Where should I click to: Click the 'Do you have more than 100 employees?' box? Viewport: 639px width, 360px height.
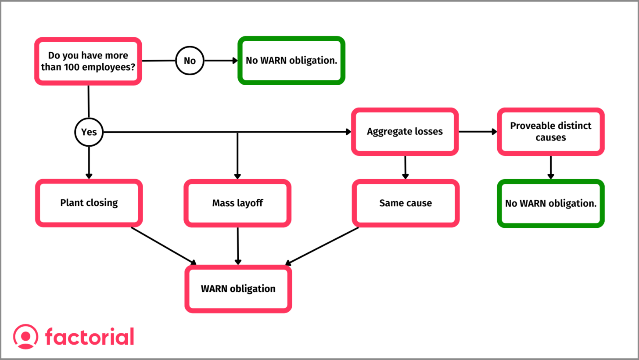click(88, 61)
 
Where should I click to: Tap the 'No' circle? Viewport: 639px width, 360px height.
click(190, 61)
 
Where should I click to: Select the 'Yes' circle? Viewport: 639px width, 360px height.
click(89, 132)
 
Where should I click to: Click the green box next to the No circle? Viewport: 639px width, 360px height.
click(291, 60)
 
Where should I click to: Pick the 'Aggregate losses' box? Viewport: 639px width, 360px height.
click(405, 131)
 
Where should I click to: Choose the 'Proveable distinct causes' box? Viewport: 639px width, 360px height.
click(550, 131)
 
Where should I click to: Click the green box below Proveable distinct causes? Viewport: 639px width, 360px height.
click(550, 203)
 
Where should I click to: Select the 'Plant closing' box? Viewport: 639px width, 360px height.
click(89, 203)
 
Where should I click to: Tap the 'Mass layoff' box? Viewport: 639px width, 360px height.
click(237, 203)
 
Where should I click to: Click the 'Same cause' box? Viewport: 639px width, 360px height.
click(406, 203)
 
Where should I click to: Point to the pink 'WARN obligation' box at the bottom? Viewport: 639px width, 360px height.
click(238, 289)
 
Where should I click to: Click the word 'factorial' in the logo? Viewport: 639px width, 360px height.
click(90, 337)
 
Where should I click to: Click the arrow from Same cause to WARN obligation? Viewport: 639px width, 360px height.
click(322, 246)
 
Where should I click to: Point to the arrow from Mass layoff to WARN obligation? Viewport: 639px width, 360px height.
click(238, 246)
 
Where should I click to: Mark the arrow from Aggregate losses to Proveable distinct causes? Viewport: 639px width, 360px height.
click(477, 131)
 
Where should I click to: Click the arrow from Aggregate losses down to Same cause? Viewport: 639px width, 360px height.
click(405, 167)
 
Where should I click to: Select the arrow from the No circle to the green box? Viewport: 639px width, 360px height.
click(221, 61)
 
